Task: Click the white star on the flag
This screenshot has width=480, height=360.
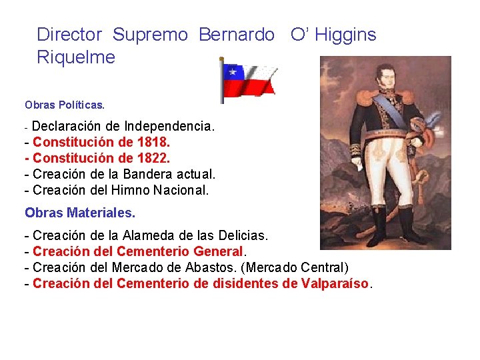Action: click(x=232, y=71)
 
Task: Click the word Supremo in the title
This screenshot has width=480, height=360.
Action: click(x=150, y=35)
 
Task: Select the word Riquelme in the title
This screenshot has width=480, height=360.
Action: click(x=76, y=57)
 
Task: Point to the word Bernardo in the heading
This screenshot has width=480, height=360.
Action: click(x=236, y=35)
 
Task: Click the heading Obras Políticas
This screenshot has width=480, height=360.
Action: click(x=65, y=105)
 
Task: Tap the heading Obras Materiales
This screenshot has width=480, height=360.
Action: click(x=80, y=213)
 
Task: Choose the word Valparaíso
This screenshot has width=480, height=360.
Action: click(x=335, y=283)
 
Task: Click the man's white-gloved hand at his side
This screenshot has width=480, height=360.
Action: click(x=416, y=141)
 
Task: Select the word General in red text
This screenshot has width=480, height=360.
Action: click(x=218, y=251)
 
